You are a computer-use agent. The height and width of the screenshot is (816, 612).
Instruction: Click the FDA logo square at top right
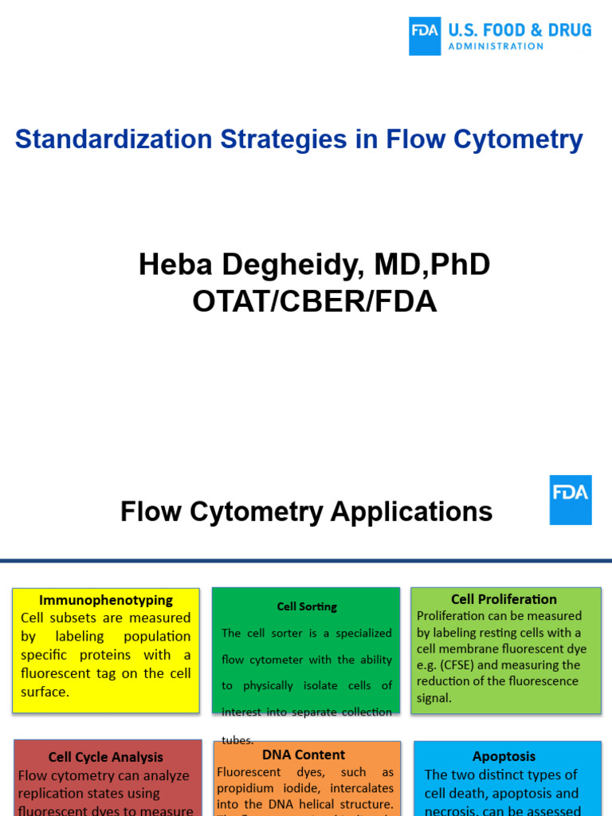[425, 37]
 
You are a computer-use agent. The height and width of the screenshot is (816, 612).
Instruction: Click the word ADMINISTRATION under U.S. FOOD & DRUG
[496, 46]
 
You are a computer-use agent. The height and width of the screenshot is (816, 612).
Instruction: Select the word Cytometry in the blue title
[518, 139]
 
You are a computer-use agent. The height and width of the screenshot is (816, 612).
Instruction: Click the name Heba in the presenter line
[171, 265]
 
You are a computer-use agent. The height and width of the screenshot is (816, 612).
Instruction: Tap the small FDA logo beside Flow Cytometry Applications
[571, 500]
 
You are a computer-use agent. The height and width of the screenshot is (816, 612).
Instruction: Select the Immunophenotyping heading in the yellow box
[106, 600]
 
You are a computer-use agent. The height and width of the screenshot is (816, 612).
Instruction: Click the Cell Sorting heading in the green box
[307, 606]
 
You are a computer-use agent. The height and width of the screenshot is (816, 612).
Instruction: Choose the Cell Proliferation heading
[504, 599]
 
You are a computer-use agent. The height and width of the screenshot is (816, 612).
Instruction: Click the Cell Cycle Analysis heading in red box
[106, 757]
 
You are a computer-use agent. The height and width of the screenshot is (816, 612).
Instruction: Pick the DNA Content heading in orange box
[304, 755]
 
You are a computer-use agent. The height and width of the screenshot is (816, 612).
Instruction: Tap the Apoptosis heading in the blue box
[504, 756]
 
